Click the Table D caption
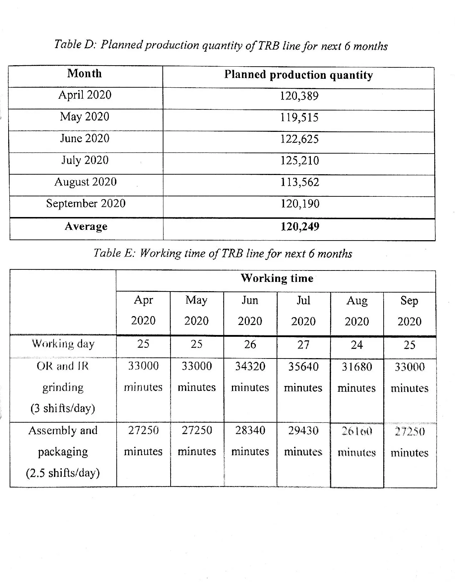pyautogui.click(x=221, y=45)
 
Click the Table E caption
pyautogui.click(x=223, y=253)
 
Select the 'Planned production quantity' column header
pyautogui.click(x=298, y=75)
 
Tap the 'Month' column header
pyautogui.click(x=85, y=73)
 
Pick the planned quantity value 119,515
pyautogui.click(x=299, y=117)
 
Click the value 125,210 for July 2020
pyautogui.click(x=299, y=160)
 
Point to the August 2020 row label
pyautogui.click(x=85, y=182)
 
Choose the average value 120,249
pyautogui.click(x=300, y=226)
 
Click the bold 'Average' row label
pyautogui.click(x=86, y=226)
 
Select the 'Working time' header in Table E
pyautogui.click(x=277, y=278)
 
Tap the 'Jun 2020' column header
pyautogui.click(x=250, y=310)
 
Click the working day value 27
pyautogui.click(x=303, y=345)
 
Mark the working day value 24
pyautogui.click(x=357, y=345)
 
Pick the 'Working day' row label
pyautogui.click(x=63, y=344)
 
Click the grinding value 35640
pyautogui.click(x=303, y=366)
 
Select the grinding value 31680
pyautogui.click(x=357, y=367)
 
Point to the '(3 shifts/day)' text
pyautogui.click(x=63, y=408)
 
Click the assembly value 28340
pyautogui.click(x=250, y=430)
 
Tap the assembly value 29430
pyautogui.click(x=303, y=430)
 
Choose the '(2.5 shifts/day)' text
pyautogui.click(x=63, y=473)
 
